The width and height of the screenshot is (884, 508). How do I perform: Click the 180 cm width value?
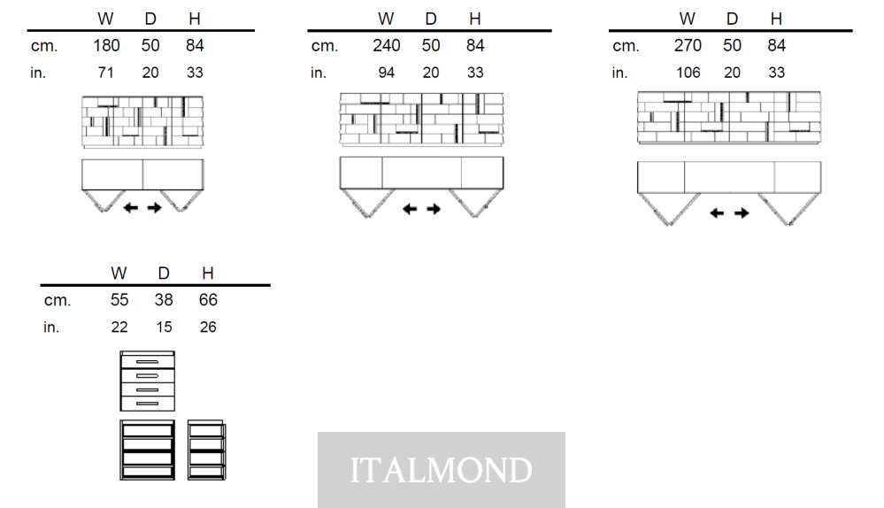click(x=106, y=46)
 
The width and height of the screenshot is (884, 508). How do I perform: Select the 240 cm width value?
click(x=386, y=46)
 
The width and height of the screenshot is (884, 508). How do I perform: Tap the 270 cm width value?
click(x=688, y=46)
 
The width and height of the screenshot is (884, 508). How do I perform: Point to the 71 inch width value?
click(x=105, y=73)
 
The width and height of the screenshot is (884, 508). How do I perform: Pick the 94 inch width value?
click(x=386, y=73)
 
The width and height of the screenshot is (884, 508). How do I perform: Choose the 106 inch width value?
click(x=688, y=73)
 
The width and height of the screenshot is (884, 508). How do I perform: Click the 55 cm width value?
click(x=119, y=300)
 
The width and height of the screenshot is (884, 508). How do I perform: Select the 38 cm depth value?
click(x=164, y=300)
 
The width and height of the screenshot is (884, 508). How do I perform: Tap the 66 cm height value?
click(x=208, y=300)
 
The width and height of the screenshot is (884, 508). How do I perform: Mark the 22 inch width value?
click(x=119, y=327)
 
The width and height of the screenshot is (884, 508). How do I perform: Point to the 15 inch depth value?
click(x=164, y=327)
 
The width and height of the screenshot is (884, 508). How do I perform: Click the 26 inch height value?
click(x=208, y=327)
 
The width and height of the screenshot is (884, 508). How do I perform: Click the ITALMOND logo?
click(x=442, y=470)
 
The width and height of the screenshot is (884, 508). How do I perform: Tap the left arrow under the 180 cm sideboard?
click(x=131, y=208)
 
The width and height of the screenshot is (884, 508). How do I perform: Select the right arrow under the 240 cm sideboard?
click(x=434, y=209)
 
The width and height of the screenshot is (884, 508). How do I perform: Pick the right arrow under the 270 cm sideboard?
click(x=742, y=213)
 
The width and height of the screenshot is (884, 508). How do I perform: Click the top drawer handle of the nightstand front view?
click(x=147, y=362)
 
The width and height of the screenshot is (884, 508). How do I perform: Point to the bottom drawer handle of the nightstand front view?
click(x=147, y=404)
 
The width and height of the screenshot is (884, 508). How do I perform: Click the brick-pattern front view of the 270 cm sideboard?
click(x=729, y=118)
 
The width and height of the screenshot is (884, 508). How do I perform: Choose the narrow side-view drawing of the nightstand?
click(x=206, y=450)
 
